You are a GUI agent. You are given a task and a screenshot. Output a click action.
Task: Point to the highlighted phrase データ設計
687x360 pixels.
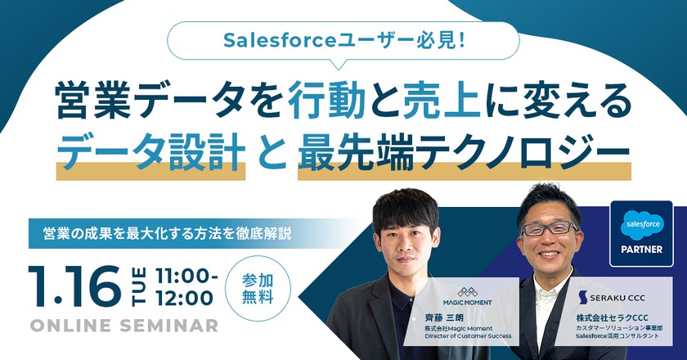150,151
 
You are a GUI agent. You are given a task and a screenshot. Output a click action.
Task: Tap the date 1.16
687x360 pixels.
74,286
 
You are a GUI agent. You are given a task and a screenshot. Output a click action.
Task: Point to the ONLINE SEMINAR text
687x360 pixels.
123,326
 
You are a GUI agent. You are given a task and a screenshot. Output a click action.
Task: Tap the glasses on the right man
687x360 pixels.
549,228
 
